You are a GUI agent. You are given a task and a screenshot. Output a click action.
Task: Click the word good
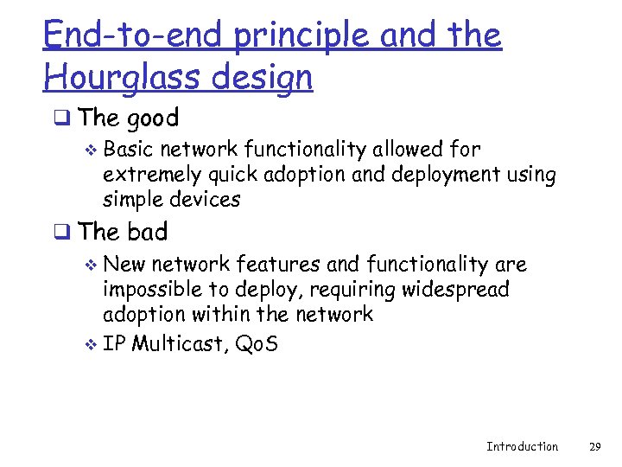tap(153, 118)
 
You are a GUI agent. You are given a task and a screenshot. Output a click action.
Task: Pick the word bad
tap(146, 232)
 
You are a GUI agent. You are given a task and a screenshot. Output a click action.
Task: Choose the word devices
tap(206, 199)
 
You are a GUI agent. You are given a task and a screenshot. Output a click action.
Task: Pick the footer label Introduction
tap(522, 446)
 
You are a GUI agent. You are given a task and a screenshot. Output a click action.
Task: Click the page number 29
tap(594, 446)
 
